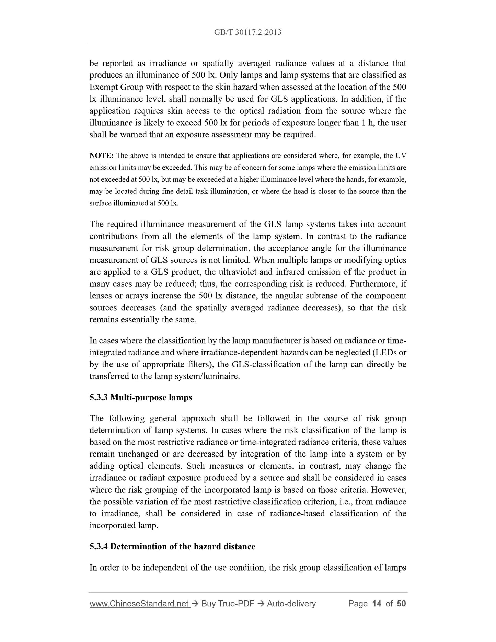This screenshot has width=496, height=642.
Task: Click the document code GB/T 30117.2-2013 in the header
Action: (247, 32)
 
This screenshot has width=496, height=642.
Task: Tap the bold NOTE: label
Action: (101, 156)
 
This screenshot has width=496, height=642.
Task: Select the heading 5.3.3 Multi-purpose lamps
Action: (141, 397)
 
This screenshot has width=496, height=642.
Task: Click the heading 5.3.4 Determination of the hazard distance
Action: (172, 547)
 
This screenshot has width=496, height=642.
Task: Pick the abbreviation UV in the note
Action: (401, 156)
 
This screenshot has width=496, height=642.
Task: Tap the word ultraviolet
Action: (238, 272)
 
